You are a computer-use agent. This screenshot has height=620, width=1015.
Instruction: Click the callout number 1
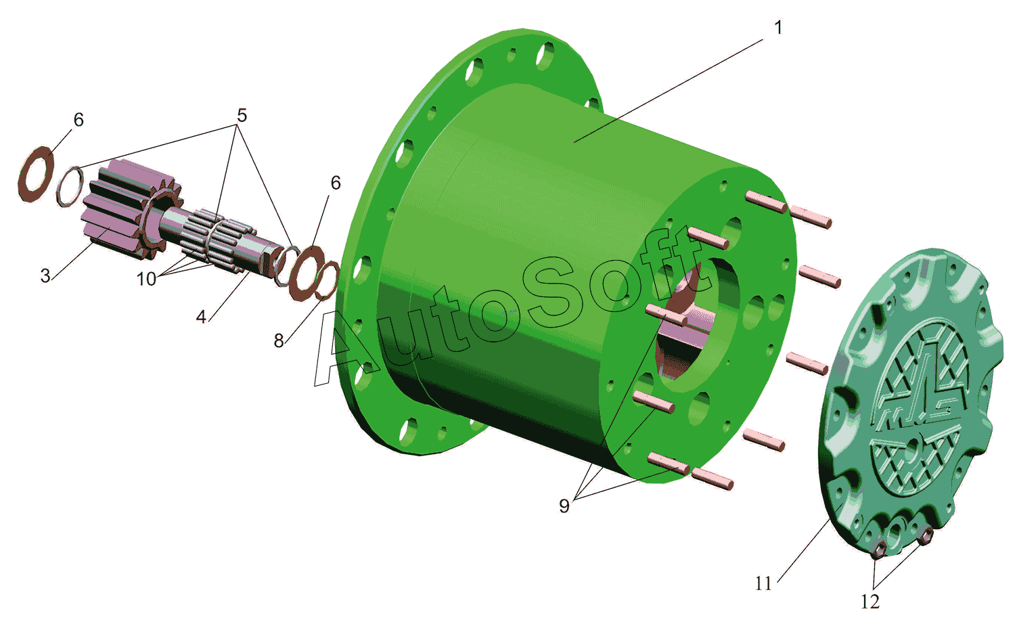778,28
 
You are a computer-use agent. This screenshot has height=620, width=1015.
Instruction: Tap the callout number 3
45,275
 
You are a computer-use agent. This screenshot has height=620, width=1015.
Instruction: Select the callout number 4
201,317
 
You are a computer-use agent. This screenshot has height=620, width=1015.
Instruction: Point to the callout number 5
242,116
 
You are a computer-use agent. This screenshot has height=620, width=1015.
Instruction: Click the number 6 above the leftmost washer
79,120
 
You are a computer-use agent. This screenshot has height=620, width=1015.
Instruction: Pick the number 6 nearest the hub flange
336,183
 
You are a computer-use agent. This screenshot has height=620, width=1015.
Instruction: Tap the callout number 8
279,340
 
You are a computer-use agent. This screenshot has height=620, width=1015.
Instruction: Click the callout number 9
564,506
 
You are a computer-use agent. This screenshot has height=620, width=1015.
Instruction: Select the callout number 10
146,279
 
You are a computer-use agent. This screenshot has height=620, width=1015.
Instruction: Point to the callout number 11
763,583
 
